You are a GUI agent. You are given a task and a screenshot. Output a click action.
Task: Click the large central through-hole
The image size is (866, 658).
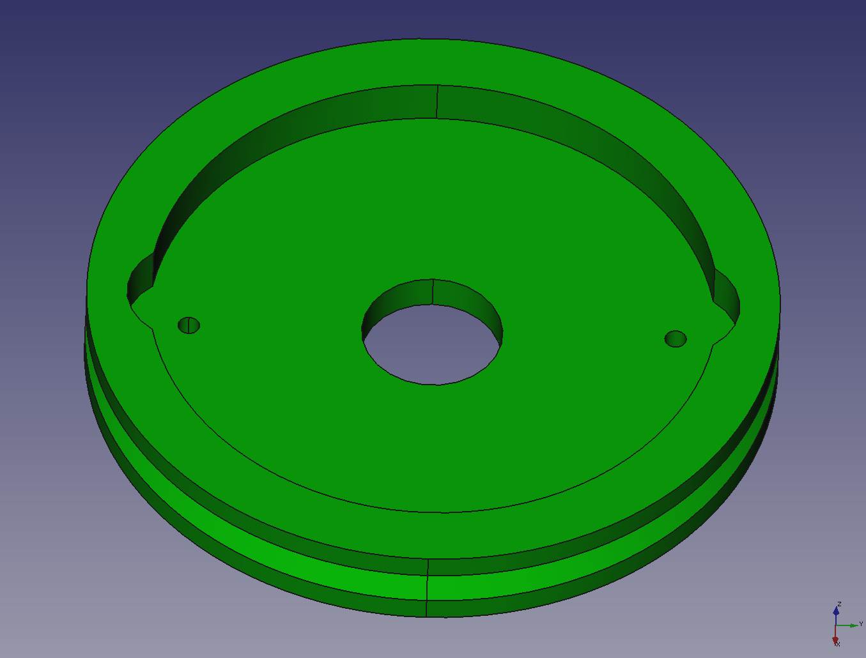[431, 344]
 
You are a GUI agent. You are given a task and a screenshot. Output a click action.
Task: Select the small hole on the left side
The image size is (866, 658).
[189, 325]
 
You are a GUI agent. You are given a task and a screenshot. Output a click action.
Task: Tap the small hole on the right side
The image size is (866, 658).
[676, 339]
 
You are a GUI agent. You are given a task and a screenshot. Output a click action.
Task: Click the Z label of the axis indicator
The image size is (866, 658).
[839, 604]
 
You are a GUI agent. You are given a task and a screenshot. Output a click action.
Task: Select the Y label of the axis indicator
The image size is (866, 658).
[861, 624]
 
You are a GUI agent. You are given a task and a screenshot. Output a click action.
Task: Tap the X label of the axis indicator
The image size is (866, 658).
[838, 644]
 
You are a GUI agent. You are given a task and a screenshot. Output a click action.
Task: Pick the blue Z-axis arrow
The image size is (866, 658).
[835, 615]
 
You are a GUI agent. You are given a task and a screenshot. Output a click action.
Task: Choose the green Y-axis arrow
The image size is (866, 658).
[847, 625]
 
